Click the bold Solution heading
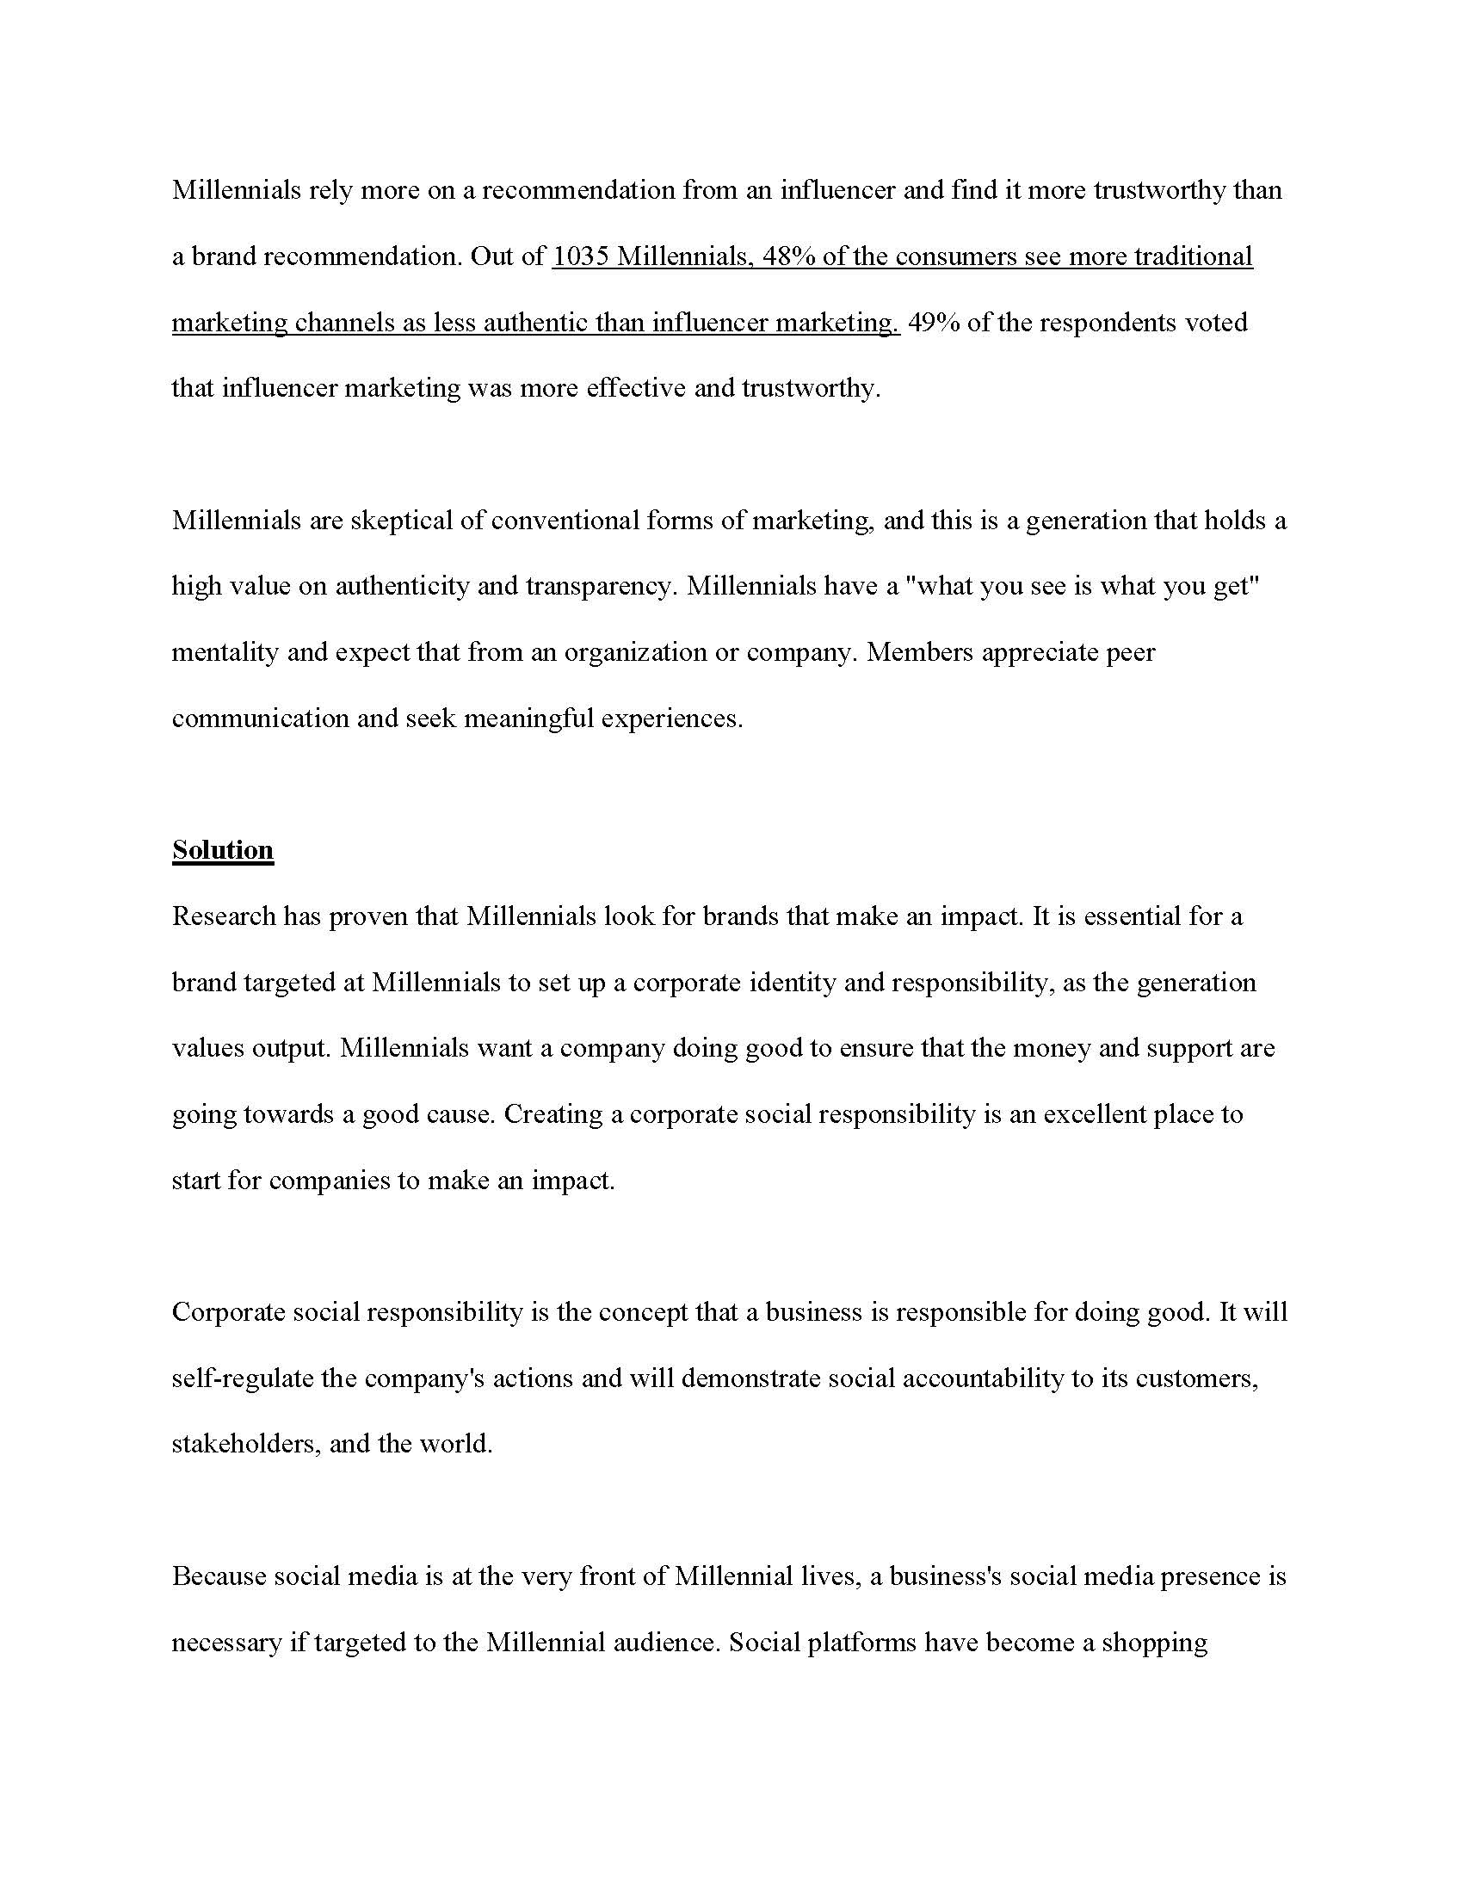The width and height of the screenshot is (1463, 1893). pyautogui.click(x=223, y=849)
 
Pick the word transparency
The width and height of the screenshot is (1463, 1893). pyautogui.click(x=599, y=586)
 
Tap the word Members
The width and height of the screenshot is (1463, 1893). pyautogui.click(x=920, y=652)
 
